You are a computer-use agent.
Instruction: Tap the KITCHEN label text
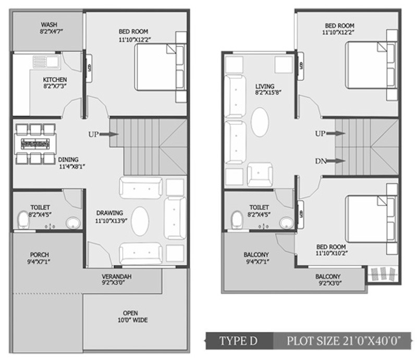[55, 79]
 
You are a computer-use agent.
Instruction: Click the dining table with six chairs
[34, 144]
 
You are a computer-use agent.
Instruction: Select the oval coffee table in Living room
[260, 122]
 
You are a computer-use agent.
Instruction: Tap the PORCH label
[39, 254]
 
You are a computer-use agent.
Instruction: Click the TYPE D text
[238, 341]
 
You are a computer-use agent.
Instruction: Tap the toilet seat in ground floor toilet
[23, 219]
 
